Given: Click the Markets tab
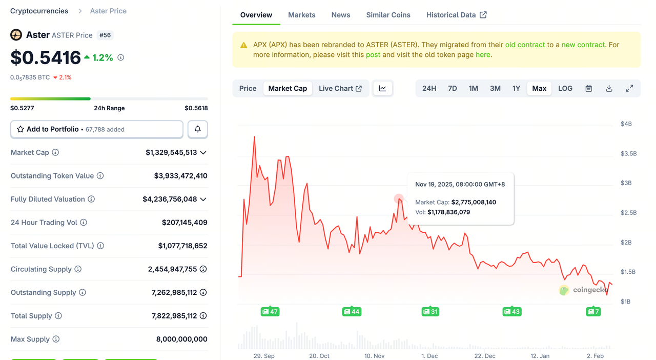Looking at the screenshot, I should (301, 15).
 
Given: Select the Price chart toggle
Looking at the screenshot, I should (248, 88).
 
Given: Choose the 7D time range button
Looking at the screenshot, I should (452, 88).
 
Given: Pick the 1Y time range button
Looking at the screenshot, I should (516, 88).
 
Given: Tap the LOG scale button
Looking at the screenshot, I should (565, 88).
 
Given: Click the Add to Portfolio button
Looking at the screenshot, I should (97, 129).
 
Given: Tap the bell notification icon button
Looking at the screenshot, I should (198, 129).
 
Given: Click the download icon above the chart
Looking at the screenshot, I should (609, 88).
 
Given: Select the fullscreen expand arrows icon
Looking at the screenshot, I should (629, 88).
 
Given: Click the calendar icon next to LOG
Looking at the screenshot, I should (589, 88).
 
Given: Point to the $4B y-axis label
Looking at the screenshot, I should (626, 124).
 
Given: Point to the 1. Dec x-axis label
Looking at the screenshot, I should (429, 356).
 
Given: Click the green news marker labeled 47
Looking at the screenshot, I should (270, 311).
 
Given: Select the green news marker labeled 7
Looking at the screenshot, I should (593, 311).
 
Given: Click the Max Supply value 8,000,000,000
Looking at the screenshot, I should (181, 339).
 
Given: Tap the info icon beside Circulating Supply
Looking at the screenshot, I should (78, 269).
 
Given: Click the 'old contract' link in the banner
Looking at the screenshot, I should (525, 45).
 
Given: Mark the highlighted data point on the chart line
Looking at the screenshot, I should (399, 198).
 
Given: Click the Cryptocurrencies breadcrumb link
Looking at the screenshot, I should (39, 11).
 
